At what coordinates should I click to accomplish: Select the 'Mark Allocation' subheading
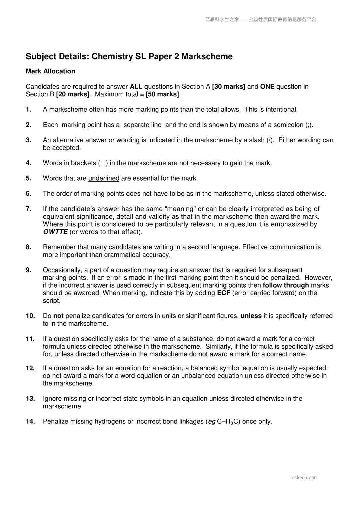pos(50,71)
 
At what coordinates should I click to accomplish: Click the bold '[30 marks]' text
pos(229,87)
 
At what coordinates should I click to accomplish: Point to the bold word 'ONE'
pos(267,87)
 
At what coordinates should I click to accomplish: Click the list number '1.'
pos(29,110)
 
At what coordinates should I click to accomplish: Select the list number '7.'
pos(29,209)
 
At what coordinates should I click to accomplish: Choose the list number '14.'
pos(30,422)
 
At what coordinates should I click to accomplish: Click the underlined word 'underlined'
pos(104,179)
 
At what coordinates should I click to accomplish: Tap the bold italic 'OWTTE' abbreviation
pos(55,232)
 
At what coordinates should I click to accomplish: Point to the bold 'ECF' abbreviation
pos(224,293)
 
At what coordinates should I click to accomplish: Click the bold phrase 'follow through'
pos(286,285)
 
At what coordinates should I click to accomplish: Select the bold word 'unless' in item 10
pos(251,316)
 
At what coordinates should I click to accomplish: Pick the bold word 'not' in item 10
pos(58,316)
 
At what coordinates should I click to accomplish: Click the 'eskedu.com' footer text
pos(304,478)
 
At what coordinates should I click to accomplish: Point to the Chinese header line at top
pos(261,20)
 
